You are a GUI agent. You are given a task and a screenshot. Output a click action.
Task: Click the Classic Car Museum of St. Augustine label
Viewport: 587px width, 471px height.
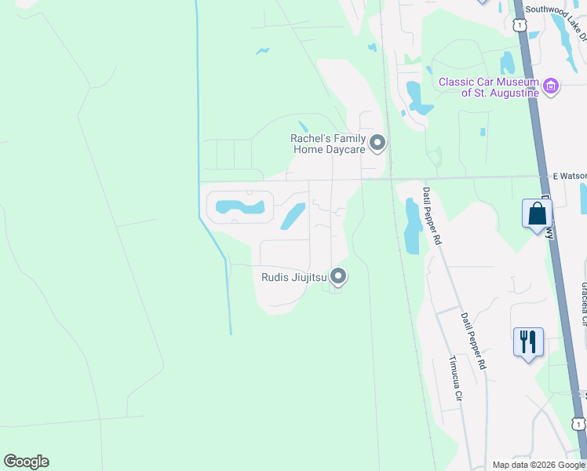click(488, 87)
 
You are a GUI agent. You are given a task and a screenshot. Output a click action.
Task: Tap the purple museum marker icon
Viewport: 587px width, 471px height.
click(551, 86)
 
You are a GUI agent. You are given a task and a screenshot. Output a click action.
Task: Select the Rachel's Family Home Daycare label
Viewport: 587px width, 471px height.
click(329, 144)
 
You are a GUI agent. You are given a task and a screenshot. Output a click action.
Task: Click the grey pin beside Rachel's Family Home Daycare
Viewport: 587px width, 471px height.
click(377, 143)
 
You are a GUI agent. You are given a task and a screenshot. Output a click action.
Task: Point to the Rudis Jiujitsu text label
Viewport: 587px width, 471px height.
click(294, 276)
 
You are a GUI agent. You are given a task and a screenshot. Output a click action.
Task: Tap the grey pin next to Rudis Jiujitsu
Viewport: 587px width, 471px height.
click(338, 276)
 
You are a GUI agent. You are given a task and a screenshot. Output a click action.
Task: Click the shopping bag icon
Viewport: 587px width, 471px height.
click(537, 214)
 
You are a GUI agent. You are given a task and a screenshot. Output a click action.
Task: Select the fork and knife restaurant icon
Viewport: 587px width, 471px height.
click(528, 342)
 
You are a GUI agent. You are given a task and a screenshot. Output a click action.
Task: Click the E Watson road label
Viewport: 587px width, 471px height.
click(570, 176)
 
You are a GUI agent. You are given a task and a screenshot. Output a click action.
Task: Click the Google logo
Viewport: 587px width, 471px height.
click(26, 462)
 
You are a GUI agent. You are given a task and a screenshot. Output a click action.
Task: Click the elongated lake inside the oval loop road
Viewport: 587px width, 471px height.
click(239, 208)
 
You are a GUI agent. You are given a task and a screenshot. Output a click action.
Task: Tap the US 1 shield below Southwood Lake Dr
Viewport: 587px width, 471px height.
click(520, 26)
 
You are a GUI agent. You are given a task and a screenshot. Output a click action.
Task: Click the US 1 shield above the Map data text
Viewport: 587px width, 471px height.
click(578, 424)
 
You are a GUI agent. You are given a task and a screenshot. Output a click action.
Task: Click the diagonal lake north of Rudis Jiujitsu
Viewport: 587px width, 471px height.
click(292, 216)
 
